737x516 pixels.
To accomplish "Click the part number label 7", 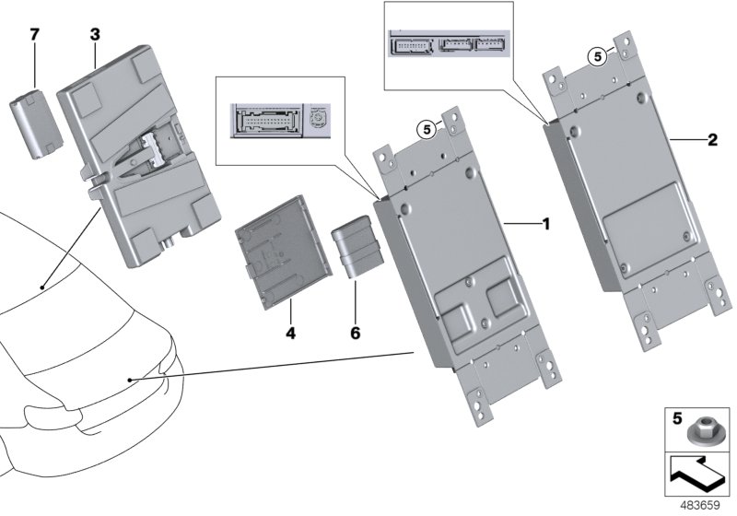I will point(34,35).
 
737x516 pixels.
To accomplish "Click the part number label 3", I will point(95,35).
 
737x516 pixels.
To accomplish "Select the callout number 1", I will point(544,224).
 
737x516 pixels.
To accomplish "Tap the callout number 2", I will point(711,140).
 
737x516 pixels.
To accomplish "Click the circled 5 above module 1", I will point(427,130).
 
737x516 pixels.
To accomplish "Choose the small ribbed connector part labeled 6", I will point(354,245).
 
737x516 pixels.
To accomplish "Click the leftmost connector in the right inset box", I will point(411,46).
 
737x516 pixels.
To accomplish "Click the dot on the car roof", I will point(42,288).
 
